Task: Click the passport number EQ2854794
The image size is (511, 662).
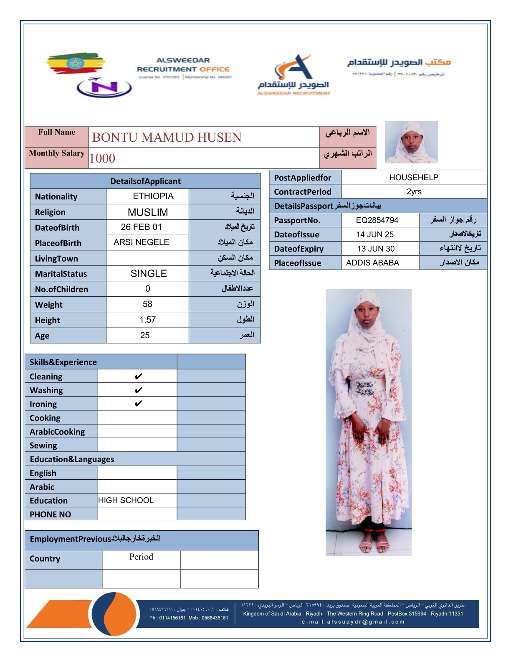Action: click(377, 220)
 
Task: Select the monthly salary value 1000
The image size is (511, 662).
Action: click(102, 158)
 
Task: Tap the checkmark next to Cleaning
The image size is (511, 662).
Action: click(138, 377)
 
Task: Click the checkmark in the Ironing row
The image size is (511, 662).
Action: click(138, 404)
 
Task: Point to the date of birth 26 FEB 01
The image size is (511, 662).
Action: click(141, 227)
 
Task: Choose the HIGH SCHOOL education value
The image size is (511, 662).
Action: click(126, 500)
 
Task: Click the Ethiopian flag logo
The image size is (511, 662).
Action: click(75, 63)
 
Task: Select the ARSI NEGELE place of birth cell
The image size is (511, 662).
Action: click(141, 242)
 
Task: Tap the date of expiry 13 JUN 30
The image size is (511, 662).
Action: click(376, 249)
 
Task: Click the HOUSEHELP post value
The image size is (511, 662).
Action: click(414, 177)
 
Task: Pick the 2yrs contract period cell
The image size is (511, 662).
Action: click(414, 191)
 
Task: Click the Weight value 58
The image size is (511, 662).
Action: click(147, 304)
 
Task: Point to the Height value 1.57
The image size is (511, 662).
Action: click(147, 320)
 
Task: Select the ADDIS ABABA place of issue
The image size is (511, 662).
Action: click(372, 263)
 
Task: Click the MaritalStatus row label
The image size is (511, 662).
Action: click(61, 274)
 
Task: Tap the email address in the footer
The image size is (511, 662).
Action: click(353, 622)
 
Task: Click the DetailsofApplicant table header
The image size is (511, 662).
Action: click(145, 181)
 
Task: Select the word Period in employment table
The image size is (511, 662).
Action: click(141, 557)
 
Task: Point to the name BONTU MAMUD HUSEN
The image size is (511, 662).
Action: click(167, 137)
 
